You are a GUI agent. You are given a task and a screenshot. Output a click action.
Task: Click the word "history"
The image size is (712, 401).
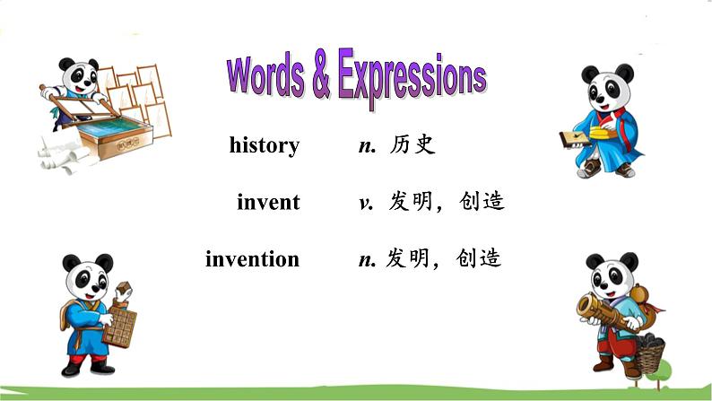pyautogui.click(x=264, y=145)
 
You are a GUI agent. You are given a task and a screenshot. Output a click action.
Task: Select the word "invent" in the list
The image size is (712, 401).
pyautogui.click(x=268, y=202)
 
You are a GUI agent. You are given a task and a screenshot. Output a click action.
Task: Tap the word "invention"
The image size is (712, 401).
pyautogui.click(x=252, y=259)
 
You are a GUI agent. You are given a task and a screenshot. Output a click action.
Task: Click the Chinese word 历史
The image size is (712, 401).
pyautogui.click(x=412, y=145)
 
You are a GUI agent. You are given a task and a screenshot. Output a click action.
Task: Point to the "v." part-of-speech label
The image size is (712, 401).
pyautogui.click(x=366, y=203)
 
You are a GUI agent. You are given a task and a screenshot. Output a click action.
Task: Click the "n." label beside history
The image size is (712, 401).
pyautogui.click(x=366, y=146)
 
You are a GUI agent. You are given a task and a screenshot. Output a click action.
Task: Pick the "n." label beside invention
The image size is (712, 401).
pyautogui.click(x=366, y=260)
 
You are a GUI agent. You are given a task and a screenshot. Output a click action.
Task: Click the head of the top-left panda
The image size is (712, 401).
pyautogui.click(x=79, y=75)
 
